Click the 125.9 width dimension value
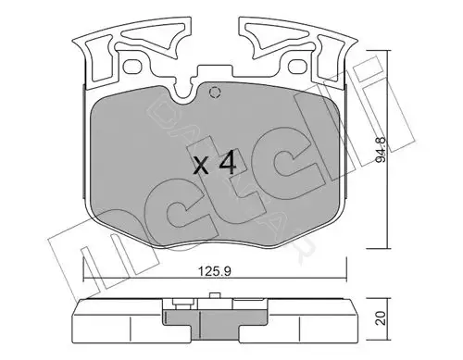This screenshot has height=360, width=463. [x=215, y=272]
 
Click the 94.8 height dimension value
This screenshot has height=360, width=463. [x=382, y=150]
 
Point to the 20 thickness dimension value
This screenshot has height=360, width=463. [x=382, y=317]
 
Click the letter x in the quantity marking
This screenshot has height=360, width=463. [x=202, y=166]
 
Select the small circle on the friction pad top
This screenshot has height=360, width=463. [x=215, y=93]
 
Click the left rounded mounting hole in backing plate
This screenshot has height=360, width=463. [x=133, y=66]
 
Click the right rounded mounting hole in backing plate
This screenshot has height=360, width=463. [x=297, y=66]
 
